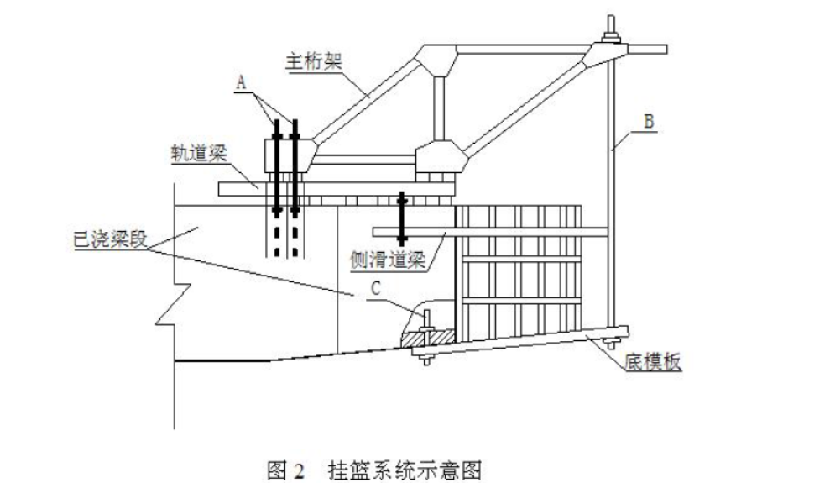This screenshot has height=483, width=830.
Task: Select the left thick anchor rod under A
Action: [x=276, y=168]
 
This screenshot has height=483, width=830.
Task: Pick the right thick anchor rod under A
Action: [x=295, y=168]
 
